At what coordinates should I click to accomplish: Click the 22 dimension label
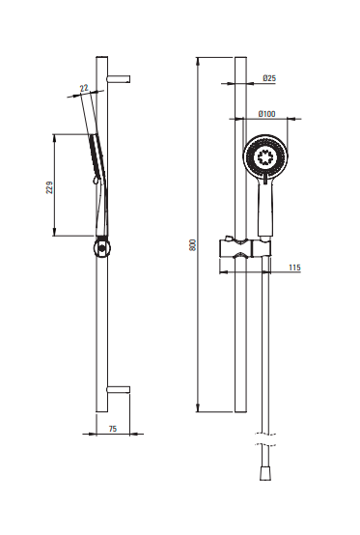coord(84,88)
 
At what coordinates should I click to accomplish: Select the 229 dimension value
coord(49,187)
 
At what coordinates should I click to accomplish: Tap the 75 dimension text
coord(113,429)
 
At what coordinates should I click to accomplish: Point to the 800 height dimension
coord(193,245)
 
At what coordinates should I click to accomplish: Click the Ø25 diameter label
coord(269,78)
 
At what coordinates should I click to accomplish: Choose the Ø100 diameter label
coord(267,114)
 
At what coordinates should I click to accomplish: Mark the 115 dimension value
coord(295,267)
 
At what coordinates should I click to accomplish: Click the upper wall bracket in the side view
coord(119,79)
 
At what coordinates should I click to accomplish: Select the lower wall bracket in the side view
coord(119,389)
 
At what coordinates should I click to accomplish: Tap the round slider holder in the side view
coord(101,248)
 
